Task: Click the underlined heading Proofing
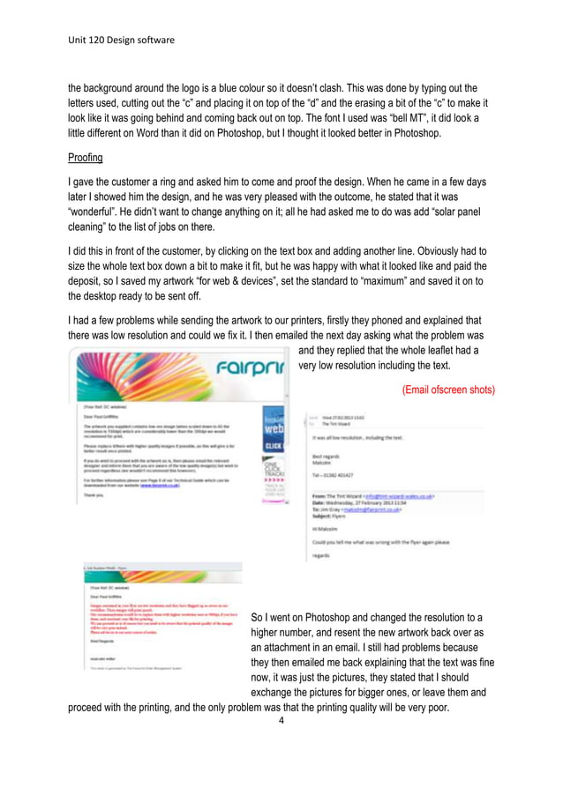point(86,158)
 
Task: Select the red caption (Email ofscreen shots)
point(448,390)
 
